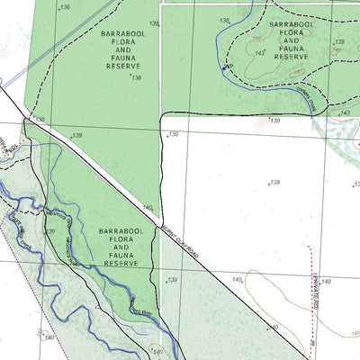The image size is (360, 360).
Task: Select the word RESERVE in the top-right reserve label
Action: click(x=292, y=56)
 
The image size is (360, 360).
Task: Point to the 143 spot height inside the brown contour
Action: click(x=259, y=54)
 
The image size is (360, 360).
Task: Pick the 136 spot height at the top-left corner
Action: click(x=63, y=7)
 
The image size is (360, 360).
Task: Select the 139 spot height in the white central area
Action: click(x=274, y=183)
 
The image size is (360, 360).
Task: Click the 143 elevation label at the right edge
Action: click(x=345, y=112)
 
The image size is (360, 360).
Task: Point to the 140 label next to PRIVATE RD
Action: click(x=326, y=282)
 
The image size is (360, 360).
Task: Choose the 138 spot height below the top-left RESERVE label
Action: click(x=137, y=78)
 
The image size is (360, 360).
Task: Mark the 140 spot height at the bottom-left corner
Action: click(x=49, y=337)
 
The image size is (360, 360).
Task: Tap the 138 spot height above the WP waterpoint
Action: click(x=224, y=20)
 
